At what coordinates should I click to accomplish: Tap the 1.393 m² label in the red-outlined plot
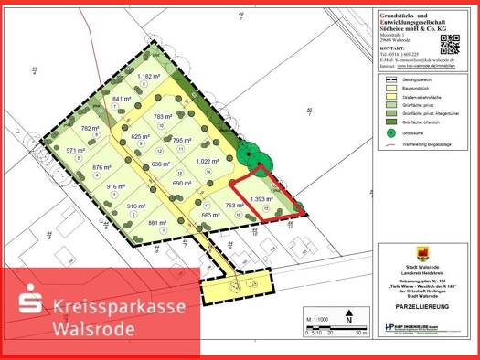[262, 198]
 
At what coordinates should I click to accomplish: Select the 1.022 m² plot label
[209, 162]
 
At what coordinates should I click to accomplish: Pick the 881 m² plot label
[157, 222]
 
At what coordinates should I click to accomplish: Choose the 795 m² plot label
[181, 141]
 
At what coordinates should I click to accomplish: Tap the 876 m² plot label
[101, 167]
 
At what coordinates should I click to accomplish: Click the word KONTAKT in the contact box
[394, 47]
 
